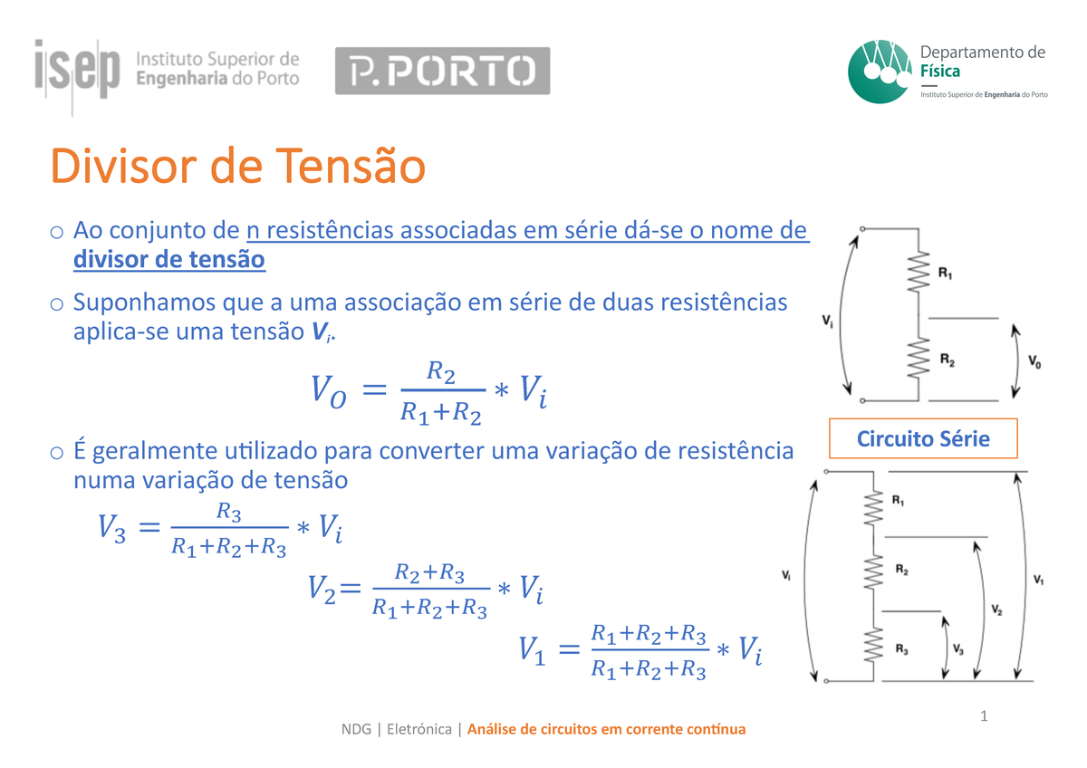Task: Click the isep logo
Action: pos(77,68)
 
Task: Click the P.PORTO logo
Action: pos(442,71)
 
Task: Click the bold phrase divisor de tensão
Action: pos(168,261)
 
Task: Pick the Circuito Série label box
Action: pos(923,439)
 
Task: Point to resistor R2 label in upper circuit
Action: pos(947,360)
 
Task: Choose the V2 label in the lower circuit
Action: pos(996,610)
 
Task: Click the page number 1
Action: pos(983,717)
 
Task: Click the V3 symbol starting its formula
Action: pos(111,527)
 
